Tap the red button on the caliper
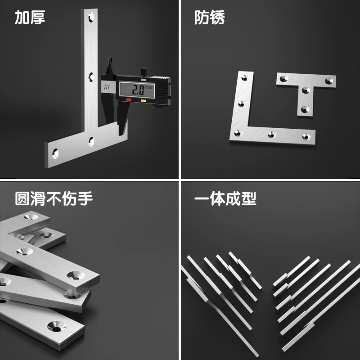click(x=129, y=99)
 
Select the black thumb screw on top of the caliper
click(x=144, y=71)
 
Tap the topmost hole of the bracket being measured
click(x=92, y=18)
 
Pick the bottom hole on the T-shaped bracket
click(x=305, y=109)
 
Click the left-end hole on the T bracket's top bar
click(x=284, y=79)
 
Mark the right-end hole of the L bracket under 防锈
click(x=307, y=135)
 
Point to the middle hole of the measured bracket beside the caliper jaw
click(x=91, y=76)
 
